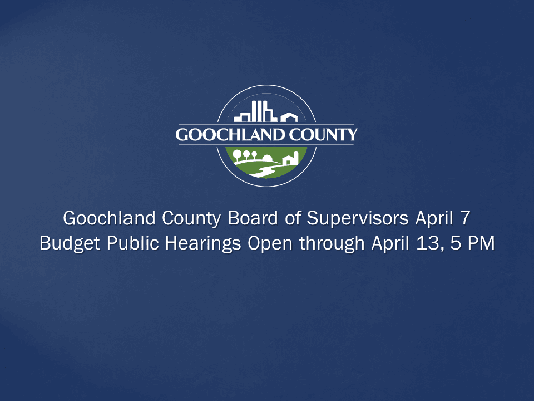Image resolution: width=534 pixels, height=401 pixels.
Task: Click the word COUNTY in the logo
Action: tap(327, 135)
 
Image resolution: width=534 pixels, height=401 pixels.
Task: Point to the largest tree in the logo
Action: tap(237, 154)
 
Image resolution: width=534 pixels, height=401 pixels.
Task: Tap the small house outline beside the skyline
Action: tap(289, 117)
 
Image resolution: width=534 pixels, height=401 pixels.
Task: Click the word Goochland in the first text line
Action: tap(101, 218)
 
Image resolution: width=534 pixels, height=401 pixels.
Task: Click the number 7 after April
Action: tap(464, 218)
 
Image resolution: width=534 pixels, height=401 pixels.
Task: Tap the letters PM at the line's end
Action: tap(481, 244)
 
